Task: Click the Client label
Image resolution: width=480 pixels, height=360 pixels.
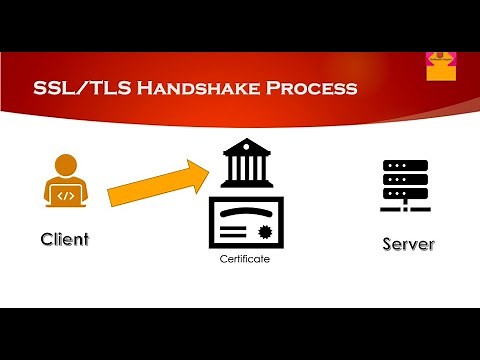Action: (65, 239)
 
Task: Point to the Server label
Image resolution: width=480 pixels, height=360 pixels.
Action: (408, 244)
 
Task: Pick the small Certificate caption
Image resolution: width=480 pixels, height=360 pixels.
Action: (245, 259)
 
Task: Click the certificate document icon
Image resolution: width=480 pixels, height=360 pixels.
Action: (245, 222)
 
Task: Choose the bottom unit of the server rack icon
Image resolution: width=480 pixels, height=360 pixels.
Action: (405, 192)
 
